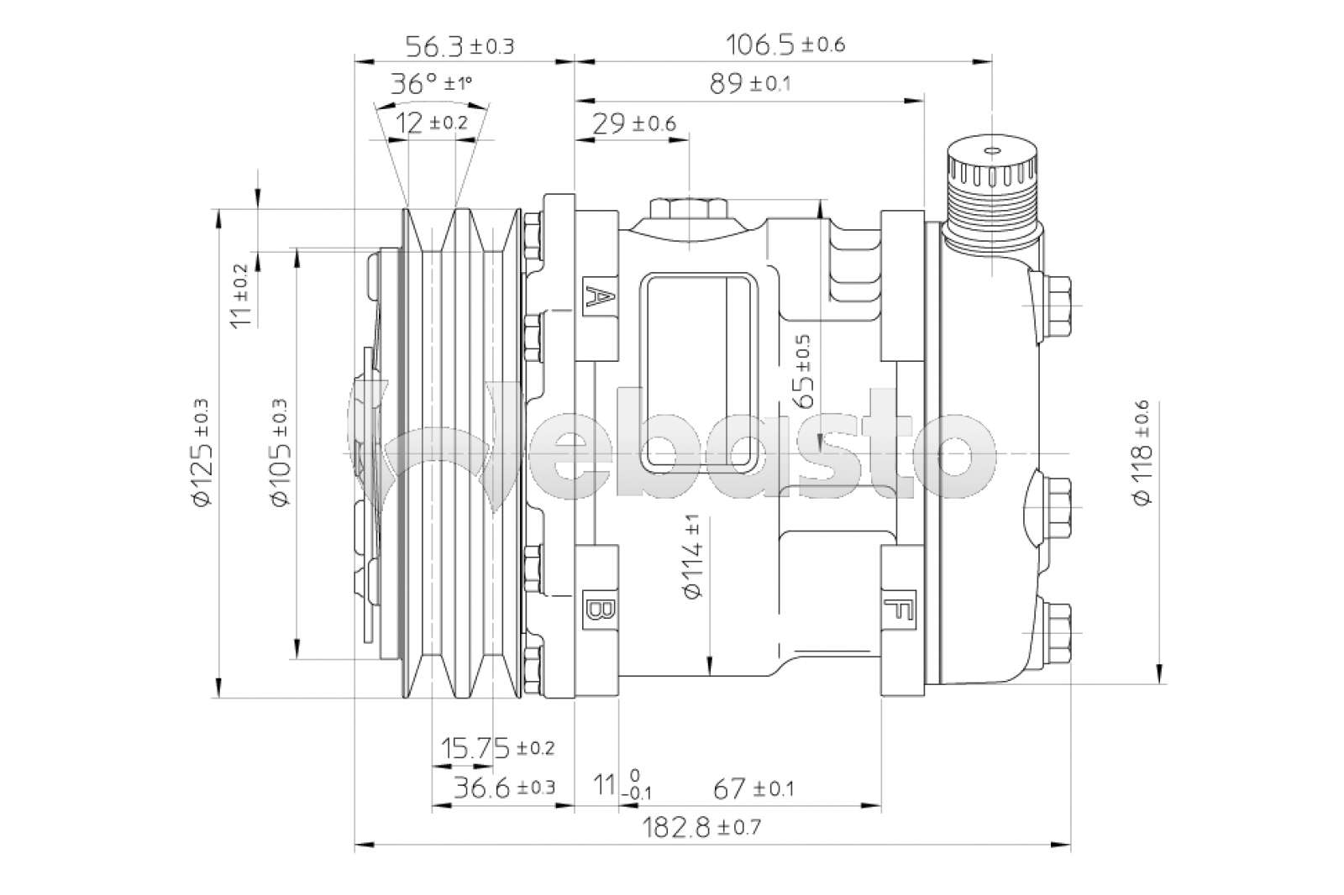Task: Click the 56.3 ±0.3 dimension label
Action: [459, 45]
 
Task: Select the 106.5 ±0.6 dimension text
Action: [785, 44]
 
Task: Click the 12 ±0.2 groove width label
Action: [431, 123]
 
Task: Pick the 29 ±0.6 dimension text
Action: [634, 123]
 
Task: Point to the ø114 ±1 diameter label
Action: [694, 556]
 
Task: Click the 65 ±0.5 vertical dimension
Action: [802, 371]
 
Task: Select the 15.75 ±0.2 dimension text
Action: [497, 746]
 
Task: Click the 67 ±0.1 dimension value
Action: [753, 788]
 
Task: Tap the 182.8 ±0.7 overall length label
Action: [702, 827]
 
